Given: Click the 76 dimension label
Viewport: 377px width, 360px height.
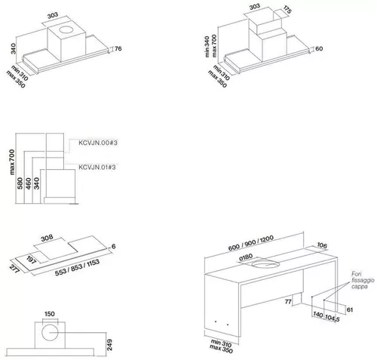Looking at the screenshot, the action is [118, 48].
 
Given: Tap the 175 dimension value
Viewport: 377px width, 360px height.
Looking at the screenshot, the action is [287, 10].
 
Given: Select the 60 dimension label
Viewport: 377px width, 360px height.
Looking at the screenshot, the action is [319, 48].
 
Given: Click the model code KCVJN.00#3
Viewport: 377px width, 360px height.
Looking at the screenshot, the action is [98, 143].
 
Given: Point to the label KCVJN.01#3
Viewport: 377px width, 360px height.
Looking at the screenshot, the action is [97, 167].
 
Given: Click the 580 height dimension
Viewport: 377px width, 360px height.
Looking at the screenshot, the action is [20, 183].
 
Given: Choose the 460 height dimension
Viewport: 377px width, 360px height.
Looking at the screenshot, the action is [29, 183].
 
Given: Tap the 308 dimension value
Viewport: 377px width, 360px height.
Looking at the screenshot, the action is [48, 238].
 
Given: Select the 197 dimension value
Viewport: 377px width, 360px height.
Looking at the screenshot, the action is [32, 260].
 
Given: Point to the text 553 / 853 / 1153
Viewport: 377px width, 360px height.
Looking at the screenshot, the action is [77, 267].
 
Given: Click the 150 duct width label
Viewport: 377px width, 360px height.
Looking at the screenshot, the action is [50, 314].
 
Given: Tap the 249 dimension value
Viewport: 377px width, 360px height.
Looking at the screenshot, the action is [109, 345].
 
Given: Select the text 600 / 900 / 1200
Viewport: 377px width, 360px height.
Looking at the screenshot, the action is [251, 242].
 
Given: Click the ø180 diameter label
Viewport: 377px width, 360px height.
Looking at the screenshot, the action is [246, 257].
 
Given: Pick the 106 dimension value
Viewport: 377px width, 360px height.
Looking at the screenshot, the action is [322, 245].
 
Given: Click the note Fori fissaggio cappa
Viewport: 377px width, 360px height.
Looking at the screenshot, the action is [363, 280].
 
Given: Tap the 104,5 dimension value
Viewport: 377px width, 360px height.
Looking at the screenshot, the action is [333, 318].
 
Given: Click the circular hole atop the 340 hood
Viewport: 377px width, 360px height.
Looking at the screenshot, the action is [66, 29].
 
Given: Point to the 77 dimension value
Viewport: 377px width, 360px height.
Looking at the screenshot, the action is [288, 301].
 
